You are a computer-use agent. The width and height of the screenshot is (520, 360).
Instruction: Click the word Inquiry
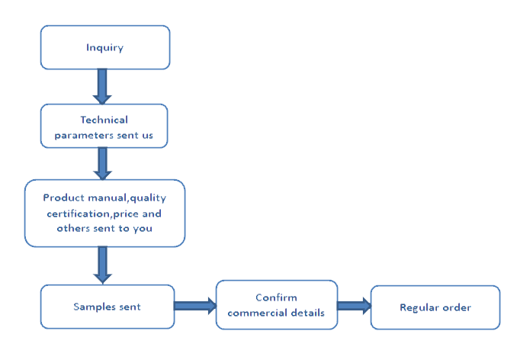[x=104, y=48]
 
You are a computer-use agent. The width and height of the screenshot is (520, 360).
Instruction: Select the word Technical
[x=104, y=120]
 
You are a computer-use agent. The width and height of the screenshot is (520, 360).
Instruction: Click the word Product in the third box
[x=64, y=198]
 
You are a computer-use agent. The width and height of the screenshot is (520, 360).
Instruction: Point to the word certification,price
[x=93, y=214]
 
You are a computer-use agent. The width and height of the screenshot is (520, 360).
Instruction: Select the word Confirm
[x=276, y=297]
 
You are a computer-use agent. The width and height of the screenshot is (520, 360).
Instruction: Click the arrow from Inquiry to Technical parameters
[x=102, y=87]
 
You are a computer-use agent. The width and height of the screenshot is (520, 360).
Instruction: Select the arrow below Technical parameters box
[x=102, y=163]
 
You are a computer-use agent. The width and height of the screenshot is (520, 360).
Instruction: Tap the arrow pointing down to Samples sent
[x=102, y=265]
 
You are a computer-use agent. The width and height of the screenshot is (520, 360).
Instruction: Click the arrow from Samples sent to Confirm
[x=195, y=306]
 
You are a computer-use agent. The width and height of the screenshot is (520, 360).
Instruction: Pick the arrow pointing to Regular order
[x=355, y=306]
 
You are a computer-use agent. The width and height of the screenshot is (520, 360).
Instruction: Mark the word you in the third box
[x=143, y=229]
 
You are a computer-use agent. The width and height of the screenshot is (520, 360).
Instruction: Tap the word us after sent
[x=147, y=136]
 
